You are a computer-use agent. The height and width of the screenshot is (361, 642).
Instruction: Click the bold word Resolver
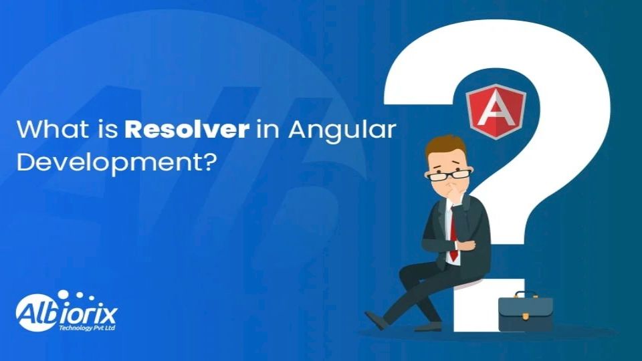[187, 129]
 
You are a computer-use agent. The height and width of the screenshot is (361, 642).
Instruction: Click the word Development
[109, 164]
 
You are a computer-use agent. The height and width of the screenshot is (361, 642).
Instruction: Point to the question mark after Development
[209, 162]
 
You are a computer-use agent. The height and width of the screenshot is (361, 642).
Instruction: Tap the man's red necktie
[453, 235]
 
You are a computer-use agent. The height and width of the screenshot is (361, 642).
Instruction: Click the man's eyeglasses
[449, 175]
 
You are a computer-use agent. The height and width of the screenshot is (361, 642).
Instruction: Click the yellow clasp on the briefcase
[525, 316]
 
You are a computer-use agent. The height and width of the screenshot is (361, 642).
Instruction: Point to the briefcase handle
[526, 294]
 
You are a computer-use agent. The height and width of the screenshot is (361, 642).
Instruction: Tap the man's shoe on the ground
[377, 320]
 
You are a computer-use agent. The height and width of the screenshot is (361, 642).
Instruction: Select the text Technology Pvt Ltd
[87, 328]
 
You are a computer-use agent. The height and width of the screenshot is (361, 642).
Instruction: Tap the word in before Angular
[269, 129]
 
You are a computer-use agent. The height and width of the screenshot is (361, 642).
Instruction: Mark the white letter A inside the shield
[496, 108]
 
